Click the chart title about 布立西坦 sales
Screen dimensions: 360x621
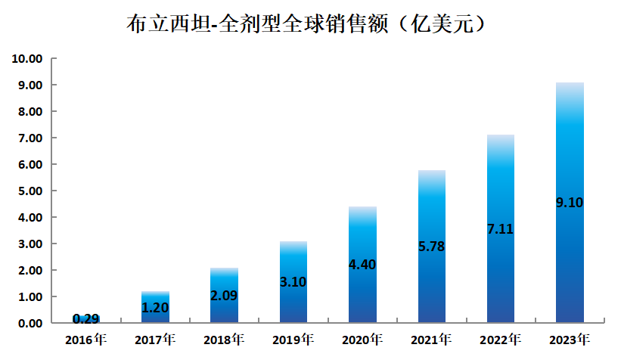tap(310, 24)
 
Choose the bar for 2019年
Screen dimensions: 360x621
tap(293, 303)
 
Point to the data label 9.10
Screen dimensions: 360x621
tap(570, 203)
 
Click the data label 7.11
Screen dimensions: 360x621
tap(501, 228)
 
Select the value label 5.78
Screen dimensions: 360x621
tap(431, 246)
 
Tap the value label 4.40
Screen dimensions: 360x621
tap(362, 265)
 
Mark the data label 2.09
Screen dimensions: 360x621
tap(224, 295)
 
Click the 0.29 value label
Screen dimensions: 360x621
tap(85, 318)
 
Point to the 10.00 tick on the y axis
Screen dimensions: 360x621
tap(26, 58)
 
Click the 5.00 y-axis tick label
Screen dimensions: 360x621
tap(29, 191)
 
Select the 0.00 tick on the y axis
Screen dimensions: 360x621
tap(29, 323)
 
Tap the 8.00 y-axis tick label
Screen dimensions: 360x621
tap(29, 111)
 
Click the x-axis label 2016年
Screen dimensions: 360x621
tap(85, 338)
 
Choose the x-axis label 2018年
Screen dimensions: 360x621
tap(224, 338)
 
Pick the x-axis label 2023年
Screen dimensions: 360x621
tap(570, 338)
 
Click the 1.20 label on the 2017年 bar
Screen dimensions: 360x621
tap(155, 307)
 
